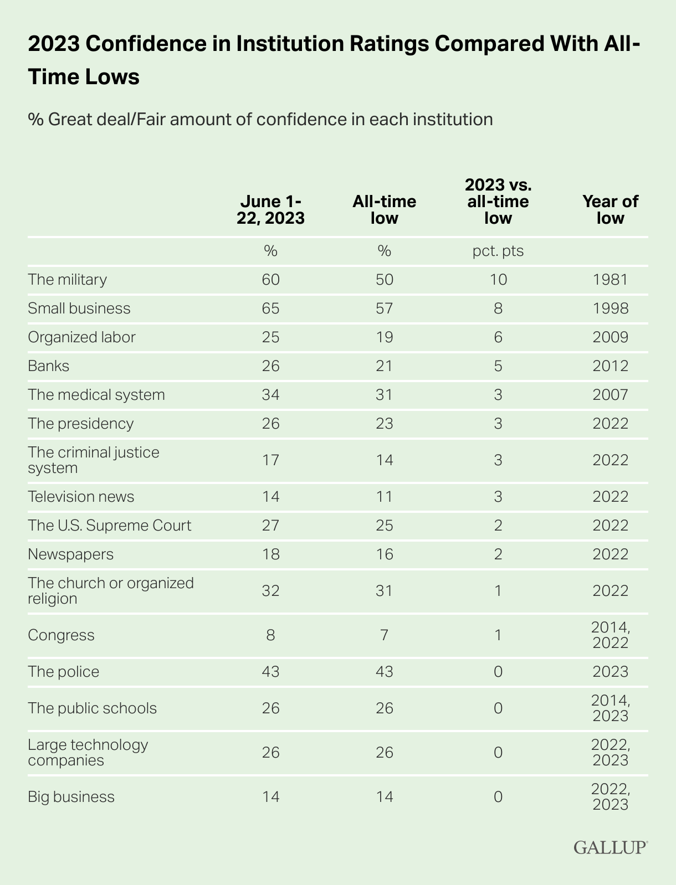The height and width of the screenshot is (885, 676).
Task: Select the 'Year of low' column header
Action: tap(610, 210)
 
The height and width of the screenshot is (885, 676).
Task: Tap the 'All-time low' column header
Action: tap(384, 210)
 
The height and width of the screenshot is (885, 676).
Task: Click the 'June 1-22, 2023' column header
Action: tap(270, 210)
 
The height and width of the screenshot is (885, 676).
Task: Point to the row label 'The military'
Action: tap(67, 279)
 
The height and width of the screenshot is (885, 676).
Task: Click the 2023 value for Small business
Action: tap(270, 308)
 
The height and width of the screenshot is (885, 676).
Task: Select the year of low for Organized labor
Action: tap(610, 337)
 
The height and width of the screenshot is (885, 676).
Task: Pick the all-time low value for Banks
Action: tap(384, 366)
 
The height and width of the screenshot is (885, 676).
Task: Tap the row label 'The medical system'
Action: tap(96, 395)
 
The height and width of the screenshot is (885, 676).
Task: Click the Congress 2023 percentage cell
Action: tap(270, 635)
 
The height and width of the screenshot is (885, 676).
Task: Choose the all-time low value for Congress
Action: tap(384, 635)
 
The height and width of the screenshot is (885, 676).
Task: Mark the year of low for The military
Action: tap(610, 279)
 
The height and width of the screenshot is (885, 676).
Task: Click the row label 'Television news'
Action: tap(81, 496)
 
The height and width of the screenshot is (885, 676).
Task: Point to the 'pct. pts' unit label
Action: tap(498, 251)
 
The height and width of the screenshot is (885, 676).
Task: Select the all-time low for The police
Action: tap(384, 672)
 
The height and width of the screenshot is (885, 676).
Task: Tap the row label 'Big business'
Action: tap(71, 797)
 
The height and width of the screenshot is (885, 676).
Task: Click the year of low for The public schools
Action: tap(610, 708)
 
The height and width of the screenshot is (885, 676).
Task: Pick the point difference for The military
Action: tap(498, 279)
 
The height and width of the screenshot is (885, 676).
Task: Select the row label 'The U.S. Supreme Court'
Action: tap(110, 525)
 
